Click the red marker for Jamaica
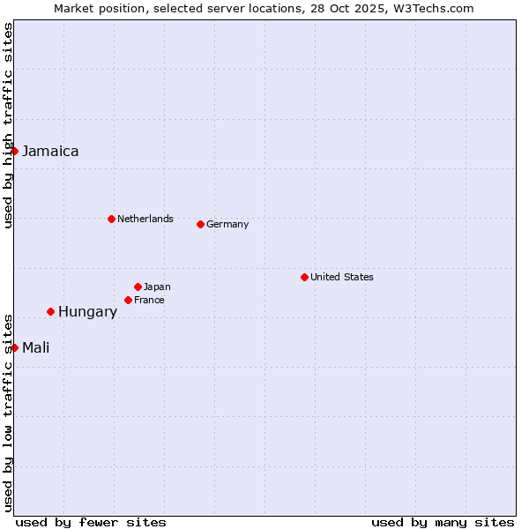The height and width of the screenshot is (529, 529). [x=14, y=151]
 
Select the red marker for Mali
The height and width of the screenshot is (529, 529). [x=14, y=347]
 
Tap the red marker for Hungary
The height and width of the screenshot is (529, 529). [x=50, y=311]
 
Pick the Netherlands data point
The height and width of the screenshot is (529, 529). [x=111, y=219]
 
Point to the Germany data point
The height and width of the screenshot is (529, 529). [x=200, y=224]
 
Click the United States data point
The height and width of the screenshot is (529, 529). [x=304, y=277]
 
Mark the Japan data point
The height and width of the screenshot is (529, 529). [x=138, y=287]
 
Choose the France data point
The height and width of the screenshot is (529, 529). [x=128, y=300]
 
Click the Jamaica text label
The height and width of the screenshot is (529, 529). [x=50, y=152]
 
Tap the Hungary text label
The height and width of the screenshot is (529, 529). [x=87, y=312]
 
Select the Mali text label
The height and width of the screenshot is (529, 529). [x=35, y=348]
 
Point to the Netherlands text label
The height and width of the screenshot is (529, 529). [x=145, y=220]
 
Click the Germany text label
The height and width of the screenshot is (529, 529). [x=227, y=225]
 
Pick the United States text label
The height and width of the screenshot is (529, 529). [x=342, y=278]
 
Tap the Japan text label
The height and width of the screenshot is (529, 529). [x=157, y=287]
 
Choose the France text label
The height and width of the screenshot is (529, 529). [x=149, y=301]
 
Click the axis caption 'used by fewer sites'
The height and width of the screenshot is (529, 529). [x=91, y=523]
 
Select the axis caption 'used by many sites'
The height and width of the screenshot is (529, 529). [x=443, y=523]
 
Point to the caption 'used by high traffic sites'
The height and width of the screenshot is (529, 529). [x=8, y=125]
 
